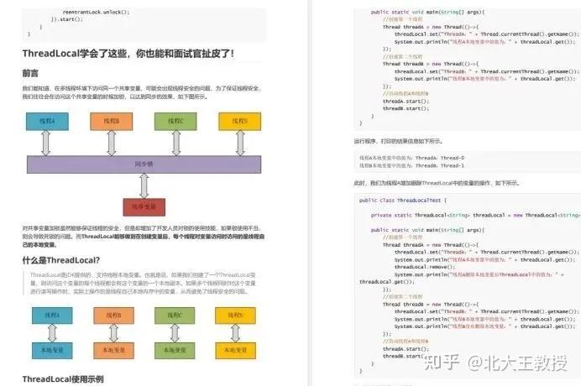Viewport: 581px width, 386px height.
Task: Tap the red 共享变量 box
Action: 144,206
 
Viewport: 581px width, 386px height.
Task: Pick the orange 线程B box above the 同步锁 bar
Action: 112,122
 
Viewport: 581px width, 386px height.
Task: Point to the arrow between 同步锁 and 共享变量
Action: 144,185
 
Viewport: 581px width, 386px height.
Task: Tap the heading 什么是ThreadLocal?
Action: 61,260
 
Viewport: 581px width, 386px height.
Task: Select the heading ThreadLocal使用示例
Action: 62,379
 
